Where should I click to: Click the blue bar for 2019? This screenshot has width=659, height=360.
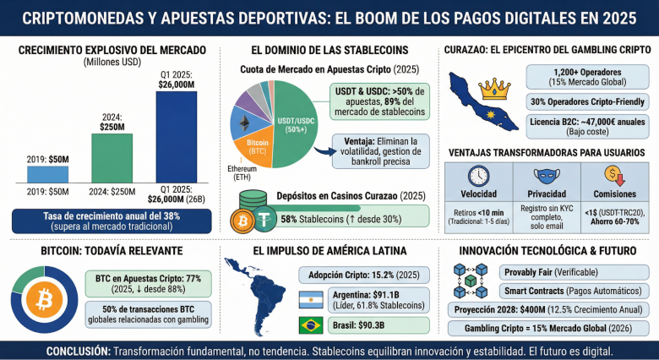(x=48, y=173)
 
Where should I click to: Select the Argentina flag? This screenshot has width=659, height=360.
(x=313, y=299)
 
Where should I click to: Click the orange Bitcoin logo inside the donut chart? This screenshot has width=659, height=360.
(x=41, y=300)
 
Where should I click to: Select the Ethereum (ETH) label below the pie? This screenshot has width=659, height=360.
(x=242, y=174)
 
